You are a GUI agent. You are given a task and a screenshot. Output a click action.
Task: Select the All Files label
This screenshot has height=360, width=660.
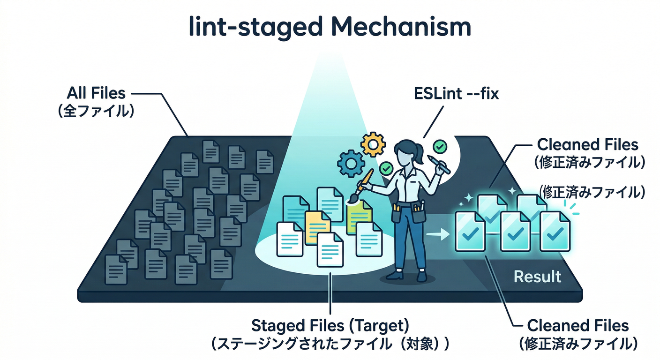96,93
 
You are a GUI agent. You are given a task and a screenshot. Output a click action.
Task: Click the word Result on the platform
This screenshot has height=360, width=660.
537,276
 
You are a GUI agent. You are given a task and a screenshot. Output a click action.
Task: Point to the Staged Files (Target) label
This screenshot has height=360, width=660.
330,325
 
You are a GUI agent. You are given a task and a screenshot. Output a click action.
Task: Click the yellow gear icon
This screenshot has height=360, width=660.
373,144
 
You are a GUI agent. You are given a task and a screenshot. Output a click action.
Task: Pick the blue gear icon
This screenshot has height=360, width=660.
351,163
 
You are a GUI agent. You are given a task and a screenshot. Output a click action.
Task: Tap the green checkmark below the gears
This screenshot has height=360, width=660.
386,167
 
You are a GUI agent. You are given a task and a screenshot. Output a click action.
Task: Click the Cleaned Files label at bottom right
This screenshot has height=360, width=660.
577,325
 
